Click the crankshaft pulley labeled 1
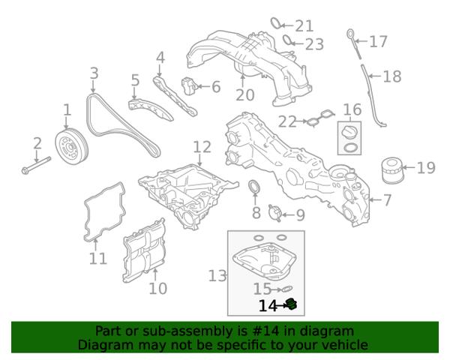(71, 147)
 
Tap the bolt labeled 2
(36, 166)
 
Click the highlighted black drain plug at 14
(291, 304)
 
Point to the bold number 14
(268, 306)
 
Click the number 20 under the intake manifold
(244, 95)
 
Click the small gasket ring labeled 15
(285, 288)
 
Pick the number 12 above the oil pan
(202, 147)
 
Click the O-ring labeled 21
(276, 23)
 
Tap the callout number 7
(387, 199)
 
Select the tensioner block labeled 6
(189, 85)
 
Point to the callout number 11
(97, 259)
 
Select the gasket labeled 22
(319, 118)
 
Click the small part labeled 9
(274, 213)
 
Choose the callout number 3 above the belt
(94, 73)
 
